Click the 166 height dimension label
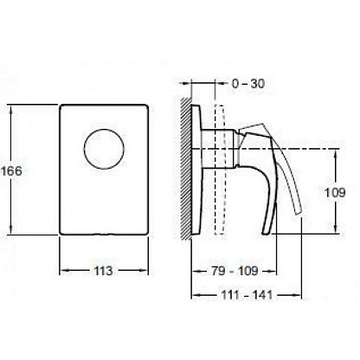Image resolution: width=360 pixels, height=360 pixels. click(11, 171)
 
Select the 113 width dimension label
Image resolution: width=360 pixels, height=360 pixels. click(103, 271)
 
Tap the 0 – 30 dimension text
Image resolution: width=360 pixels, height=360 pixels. click(248, 84)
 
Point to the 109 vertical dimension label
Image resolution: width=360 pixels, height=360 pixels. click(335, 192)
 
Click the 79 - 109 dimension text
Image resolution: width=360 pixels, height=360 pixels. click(235, 271)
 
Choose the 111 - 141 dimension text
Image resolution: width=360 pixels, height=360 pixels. click(247, 295)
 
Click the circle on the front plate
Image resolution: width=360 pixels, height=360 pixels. click(104, 149)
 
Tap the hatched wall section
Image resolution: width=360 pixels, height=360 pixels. click(186, 169)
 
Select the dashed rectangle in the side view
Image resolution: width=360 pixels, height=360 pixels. click(220, 170)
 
